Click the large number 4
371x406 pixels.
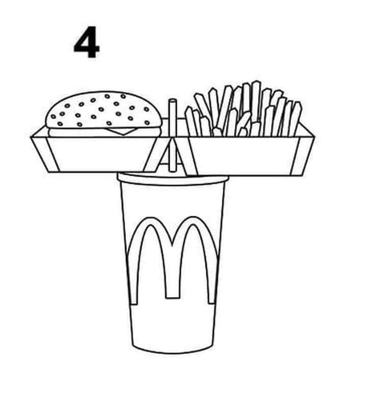(x=87, y=42)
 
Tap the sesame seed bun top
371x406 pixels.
(x=103, y=110)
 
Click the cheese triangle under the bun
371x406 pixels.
(x=121, y=131)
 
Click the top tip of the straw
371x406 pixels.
(x=173, y=100)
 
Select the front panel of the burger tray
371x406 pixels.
(x=101, y=153)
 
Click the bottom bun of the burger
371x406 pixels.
(x=103, y=132)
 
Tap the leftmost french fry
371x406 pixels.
(x=191, y=122)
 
